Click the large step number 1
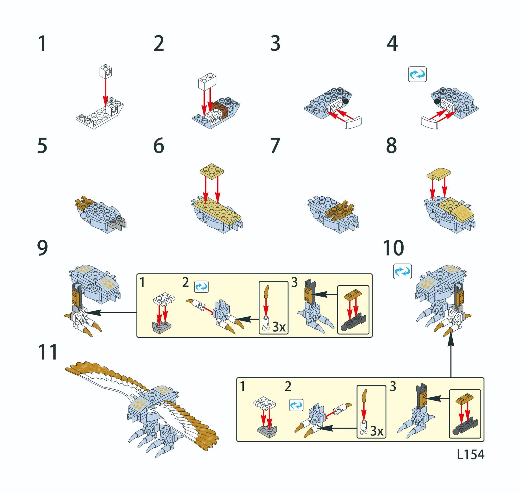tap(43, 43)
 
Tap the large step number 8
tap(392, 146)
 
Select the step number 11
tap(48, 352)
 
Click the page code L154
tap(470, 454)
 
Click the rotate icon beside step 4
tap(417, 74)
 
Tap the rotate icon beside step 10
tap(402, 271)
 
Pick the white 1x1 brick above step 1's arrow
tap(106, 71)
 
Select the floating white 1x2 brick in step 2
tap(207, 81)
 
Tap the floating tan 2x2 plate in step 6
tap(212, 171)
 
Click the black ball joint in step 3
tap(346, 101)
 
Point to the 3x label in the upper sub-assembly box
tap(279, 327)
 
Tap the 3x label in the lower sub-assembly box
tap(377, 431)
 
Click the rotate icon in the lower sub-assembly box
tap(296, 405)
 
